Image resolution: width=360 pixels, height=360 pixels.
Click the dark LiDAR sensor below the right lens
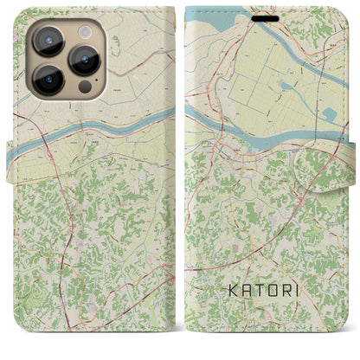[84, 87]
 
